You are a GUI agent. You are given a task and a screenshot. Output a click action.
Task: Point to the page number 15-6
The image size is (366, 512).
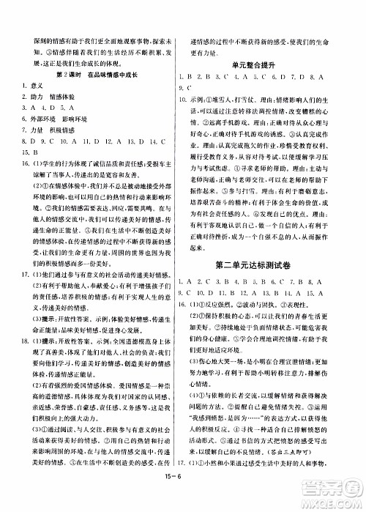pyautogui.click(x=186, y=500)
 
